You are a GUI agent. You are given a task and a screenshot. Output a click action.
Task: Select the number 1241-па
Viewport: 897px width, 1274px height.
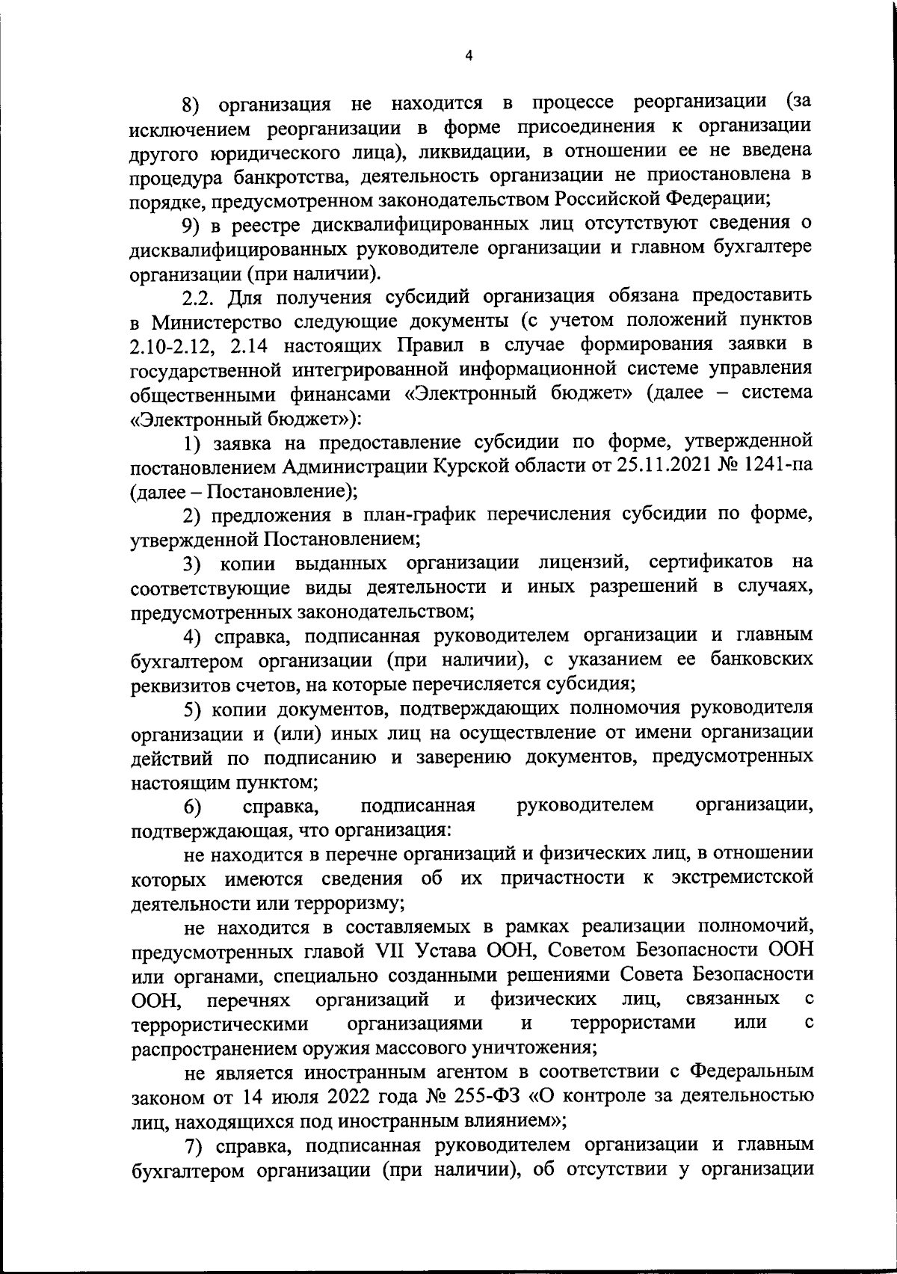pos(779,466)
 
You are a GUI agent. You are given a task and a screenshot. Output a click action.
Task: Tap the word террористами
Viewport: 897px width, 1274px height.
pos(633,1023)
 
